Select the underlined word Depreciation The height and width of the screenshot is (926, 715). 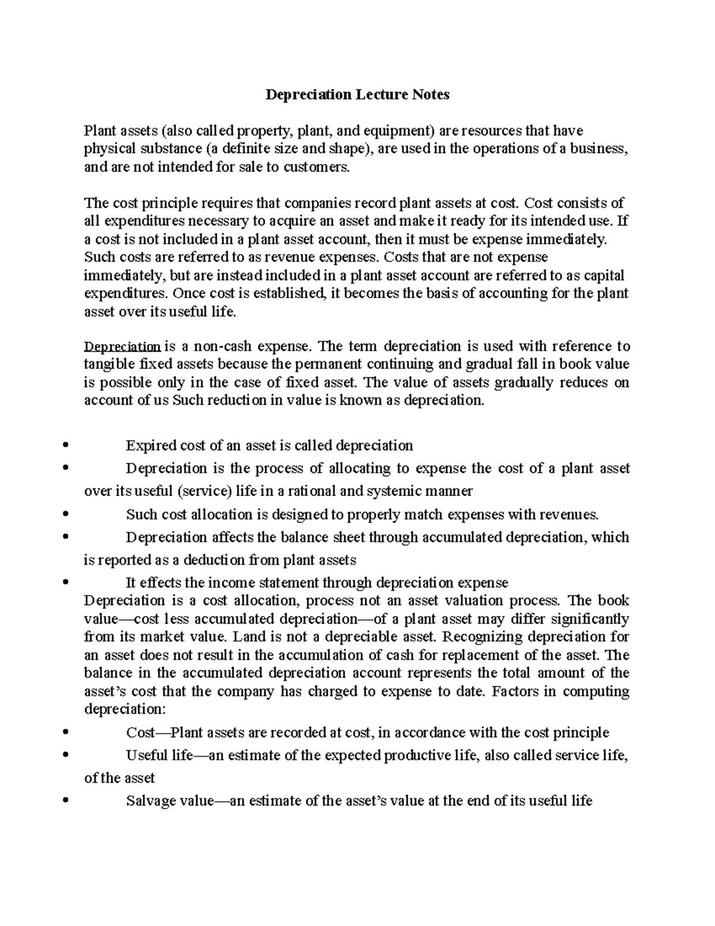point(122,346)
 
